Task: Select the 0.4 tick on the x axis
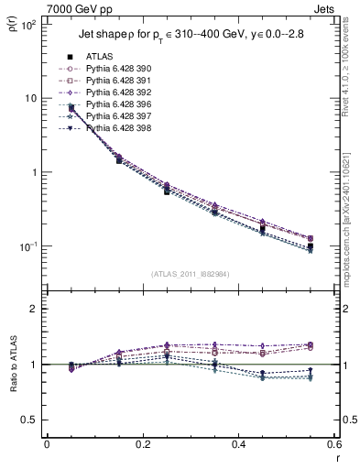point(237,445)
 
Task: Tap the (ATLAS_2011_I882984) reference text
point(190,273)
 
